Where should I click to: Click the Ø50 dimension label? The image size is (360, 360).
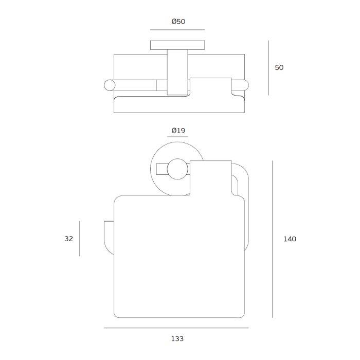tap(177, 22)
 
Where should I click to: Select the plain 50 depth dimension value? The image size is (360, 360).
tap(279, 67)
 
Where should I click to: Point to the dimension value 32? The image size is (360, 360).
tap(69, 239)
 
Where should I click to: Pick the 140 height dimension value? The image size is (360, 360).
tap(290, 239)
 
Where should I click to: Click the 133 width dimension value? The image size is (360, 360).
tap(177, 338)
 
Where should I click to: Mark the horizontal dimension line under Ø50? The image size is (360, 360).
tap(177, 30)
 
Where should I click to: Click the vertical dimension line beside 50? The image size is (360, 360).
tap(268, 68)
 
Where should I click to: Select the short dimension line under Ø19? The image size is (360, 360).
tap(177, 137)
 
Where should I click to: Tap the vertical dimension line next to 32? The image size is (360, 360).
tap(79, 239)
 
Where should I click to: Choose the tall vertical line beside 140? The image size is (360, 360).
tap(273, 239)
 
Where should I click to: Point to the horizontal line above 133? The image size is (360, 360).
tap(176, 328)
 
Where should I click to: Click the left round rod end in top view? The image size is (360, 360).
tap(109, 85)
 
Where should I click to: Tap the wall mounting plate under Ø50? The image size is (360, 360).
tap(177, 45)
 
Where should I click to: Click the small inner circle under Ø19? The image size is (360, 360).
tap(177, 170)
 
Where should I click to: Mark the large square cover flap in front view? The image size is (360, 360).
tap(175, 257)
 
